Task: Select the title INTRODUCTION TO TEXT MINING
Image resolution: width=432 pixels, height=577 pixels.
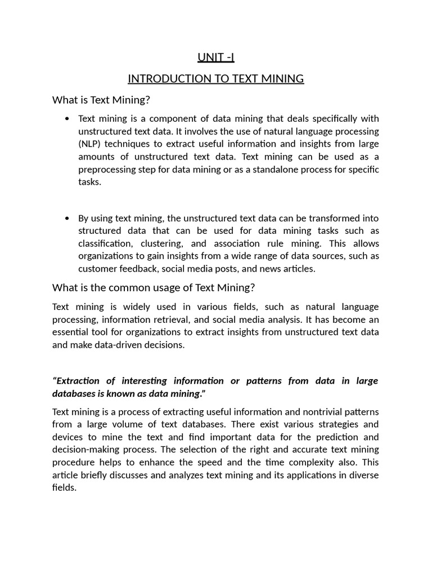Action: click(x=216, y=79)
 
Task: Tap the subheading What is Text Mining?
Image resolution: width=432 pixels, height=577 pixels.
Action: click(x=102, y=100)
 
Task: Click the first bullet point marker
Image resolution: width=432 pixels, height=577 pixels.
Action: click(x=67, y=118)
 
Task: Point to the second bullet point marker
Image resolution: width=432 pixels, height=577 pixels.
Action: click(x=67, y=218)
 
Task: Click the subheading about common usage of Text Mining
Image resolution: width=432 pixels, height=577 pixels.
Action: click(x=154, y=288)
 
